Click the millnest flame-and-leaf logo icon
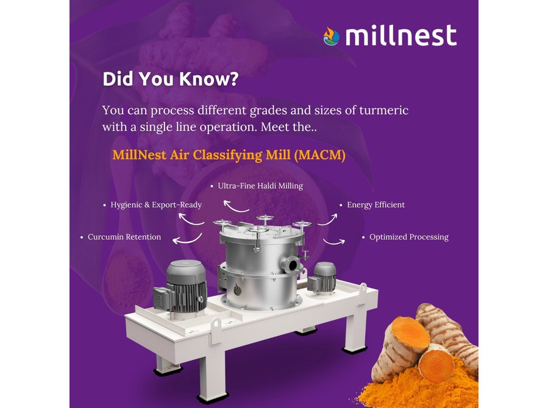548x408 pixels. tap(331, 37)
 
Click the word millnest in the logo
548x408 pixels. tap(401, 35)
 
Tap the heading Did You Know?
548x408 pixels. tap(171, 79)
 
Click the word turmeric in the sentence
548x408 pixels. tap(384, 110)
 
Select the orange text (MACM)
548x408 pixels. tap(320, 155)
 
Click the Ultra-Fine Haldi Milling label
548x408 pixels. tap(260, 186)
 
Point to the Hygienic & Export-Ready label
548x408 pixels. tap(156, 205)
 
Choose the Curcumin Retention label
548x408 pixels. tap(124, 237)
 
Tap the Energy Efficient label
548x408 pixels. tap(375, 205)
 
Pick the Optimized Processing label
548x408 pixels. tap(409, 237)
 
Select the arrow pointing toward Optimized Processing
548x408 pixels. tap(334, 242)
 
